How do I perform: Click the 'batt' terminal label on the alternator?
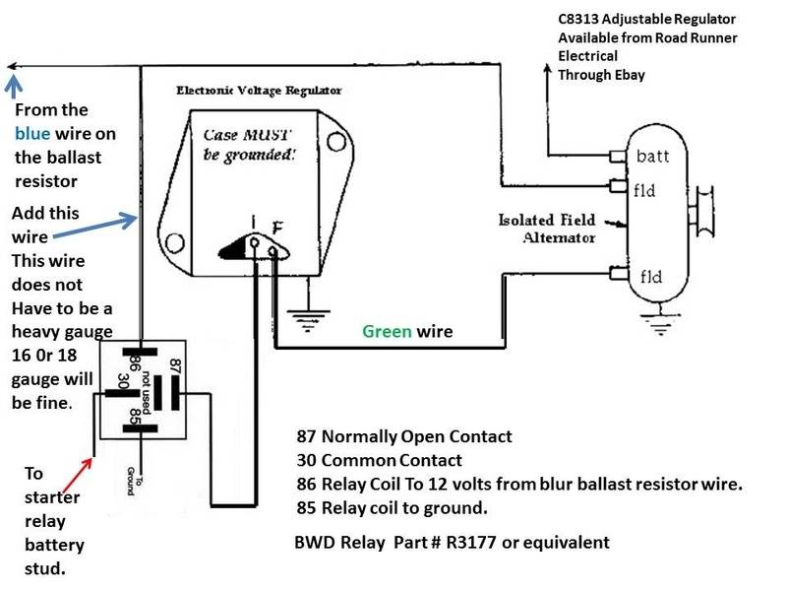[x=653, y=156]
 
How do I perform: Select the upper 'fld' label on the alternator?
[x=646, y=190]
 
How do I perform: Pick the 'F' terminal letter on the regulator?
[x=279, y=228]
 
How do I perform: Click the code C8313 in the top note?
[x=580, y=20]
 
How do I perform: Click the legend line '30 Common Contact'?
[x=379, y=460]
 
